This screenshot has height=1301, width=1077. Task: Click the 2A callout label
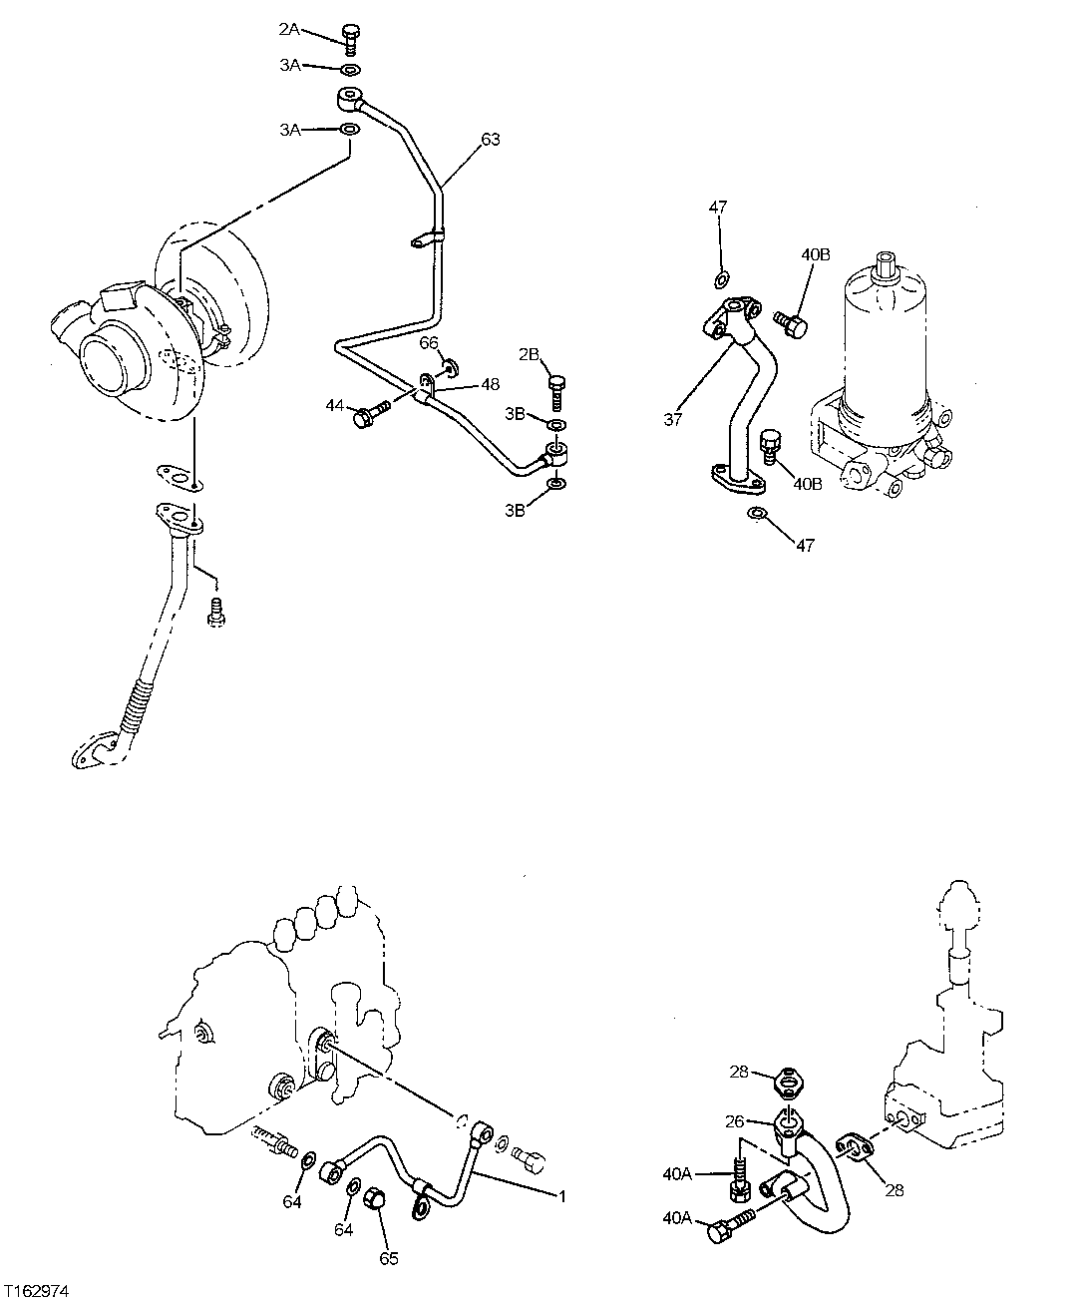[x=289, y=30]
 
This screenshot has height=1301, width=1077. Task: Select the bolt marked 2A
[x=350, y=38]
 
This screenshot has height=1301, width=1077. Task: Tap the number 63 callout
[x=490, y=140]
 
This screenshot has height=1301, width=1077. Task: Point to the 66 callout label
[x=429, y=342]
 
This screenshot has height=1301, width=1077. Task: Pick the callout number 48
[x=491, y=384]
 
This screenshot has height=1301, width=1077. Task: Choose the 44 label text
[x=334, y=405]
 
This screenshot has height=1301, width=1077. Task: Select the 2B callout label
[x=529, y=354]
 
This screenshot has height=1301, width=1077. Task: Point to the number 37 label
[x=673, y=420]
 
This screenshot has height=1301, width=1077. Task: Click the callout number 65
[x=389, y=1258]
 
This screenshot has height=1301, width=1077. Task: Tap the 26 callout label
[x=734, y=1120]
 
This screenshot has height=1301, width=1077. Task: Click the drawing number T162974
[x=37, y=1290]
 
